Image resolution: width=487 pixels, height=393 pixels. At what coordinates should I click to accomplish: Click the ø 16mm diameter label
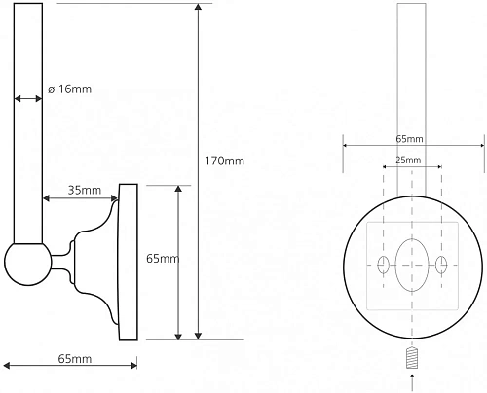(x=69, y=89)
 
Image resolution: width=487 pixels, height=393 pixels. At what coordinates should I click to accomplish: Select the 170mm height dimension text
(x=224, y=161)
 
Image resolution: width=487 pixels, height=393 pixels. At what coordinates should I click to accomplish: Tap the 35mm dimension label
(x=85, y=190)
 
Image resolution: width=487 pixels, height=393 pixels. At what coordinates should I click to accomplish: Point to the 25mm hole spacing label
(x=408, y=161)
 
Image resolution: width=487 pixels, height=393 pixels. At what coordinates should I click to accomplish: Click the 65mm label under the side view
(x=75, y=359)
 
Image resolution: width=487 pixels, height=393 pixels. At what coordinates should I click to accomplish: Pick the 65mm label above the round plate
(x=409, y=139)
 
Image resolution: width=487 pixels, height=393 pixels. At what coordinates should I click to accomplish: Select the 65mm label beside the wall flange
(x=163, y=259)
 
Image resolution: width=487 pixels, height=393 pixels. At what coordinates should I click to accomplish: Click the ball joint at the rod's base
(x=28, y=264)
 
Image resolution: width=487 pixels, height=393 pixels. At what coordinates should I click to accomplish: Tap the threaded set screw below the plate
(x=412, y=358)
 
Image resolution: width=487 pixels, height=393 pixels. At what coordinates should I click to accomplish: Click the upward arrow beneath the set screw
(x=412, y=382)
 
